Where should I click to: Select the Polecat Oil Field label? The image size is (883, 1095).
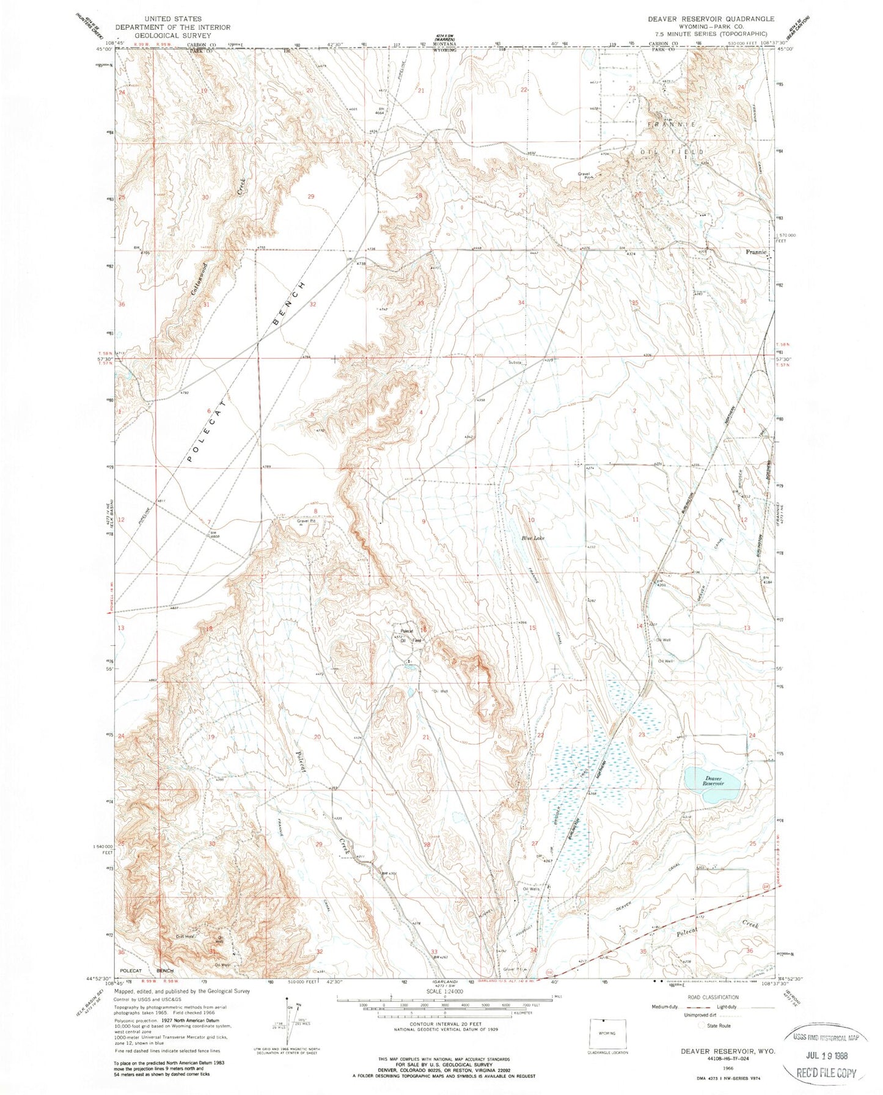pyautogui.click(x=408, y=635)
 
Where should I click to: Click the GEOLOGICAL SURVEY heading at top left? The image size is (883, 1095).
pyautogui.click(x=172, y=35)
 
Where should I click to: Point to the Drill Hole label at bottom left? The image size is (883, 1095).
pyautogui.click(x=185, y=936)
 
